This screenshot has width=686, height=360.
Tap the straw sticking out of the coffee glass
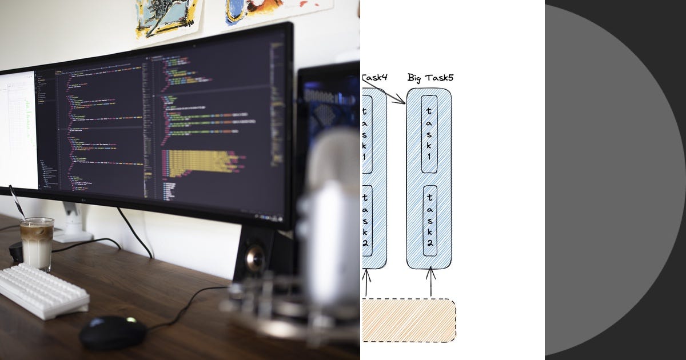coord(16,201)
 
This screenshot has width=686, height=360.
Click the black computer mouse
coord(113,332)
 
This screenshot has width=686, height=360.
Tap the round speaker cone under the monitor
coord(255,258)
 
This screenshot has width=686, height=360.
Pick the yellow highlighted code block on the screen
coord(197,161)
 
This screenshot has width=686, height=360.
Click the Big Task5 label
coord(430,78)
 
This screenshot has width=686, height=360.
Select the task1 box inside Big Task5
coord(429,134)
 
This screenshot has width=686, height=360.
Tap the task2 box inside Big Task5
coord(429,221)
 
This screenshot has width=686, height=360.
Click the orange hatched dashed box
coord(408,320)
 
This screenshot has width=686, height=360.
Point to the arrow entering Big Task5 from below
coord(430,281)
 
